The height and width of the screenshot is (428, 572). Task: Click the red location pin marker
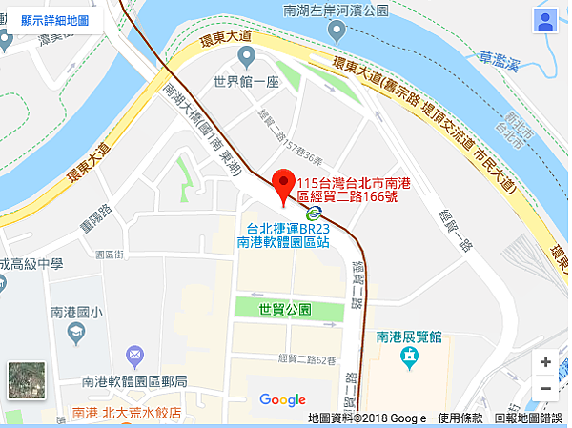(x=283, y=183)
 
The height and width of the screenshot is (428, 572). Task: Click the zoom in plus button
(x=545, y=362)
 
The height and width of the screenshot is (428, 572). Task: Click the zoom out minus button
(x=545, y=388)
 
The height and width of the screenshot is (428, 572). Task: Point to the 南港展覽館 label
(x=410, y=336)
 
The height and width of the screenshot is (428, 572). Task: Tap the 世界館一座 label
(x=246, y=83)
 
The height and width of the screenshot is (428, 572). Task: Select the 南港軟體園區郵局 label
(x=135, y=381)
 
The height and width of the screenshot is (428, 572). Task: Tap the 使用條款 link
(x=460, y=418)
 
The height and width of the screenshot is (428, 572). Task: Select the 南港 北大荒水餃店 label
(x=127, y=414)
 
